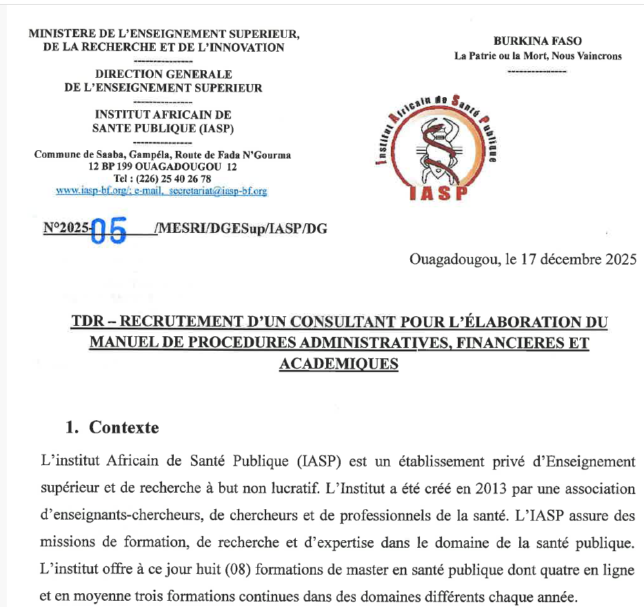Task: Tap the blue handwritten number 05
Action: pyautogui.click(x=110, y=231)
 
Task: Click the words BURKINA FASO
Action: pyautogui.click(x=538, y=41)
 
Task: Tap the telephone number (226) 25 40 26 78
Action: pyautogui.click(x=172, y=179)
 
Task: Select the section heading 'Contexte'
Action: pyautogui.click(x=124, y=427)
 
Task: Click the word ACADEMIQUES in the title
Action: pyautogui.click(x=339, y=363)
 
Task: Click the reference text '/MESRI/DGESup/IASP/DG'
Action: pyautogui.click(x=241, y=229)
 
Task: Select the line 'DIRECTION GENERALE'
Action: pyautogui.click(x=163, y=74)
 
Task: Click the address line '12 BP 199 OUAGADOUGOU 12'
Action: pyautogui.click(x=163, y=167)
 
